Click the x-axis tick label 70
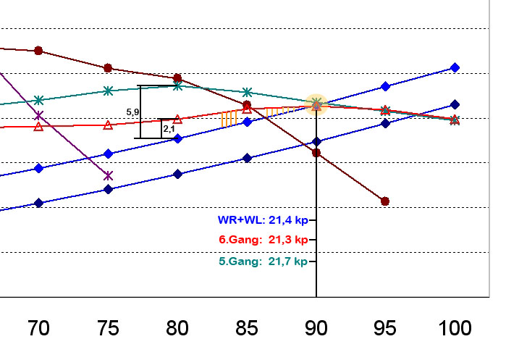[38, 329]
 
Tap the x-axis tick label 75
[108, 329]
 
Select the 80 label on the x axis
[177, 329]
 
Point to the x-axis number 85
[247, 329]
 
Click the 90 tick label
[316, 329]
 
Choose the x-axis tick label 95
[385, 329]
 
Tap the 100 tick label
[454, 329]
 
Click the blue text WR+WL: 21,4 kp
[263, 218]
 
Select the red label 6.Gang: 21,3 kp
[263, 240]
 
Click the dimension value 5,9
[132, 112]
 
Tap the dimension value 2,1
[169, 129]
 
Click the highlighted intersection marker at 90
[316, 104]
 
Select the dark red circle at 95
[385, 201]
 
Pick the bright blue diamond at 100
[455, 67]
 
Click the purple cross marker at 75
[108, 175]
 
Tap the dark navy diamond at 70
[38, 203]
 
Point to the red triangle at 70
[38, 127]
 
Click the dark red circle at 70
[38, 51]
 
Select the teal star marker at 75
[108, 91]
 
